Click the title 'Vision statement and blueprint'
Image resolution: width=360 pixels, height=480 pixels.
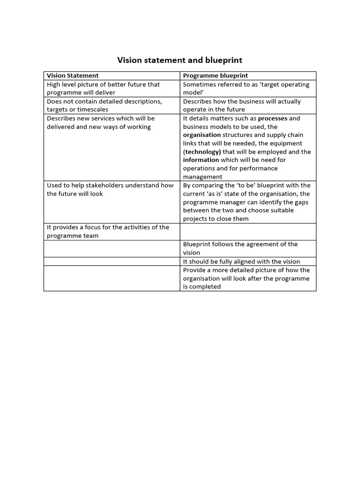pyautogui.click(x=180, y=60)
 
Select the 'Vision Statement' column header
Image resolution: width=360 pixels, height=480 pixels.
pyautogui.click(x=73, y=75)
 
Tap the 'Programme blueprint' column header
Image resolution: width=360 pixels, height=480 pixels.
pyautogui.click(x=215, y=75)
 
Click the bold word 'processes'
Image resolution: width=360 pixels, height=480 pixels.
pyautogui.click(x=273, y=118)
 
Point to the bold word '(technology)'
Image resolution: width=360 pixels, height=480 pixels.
pyautogui.click(x=202, y=152)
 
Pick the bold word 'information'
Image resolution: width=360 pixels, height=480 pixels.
pyautogui.click(x=202, y=160)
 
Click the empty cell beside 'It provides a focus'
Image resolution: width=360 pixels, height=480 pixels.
pyautogui.click(x=247, y=231)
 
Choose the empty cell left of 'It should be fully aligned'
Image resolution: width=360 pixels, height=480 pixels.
pyautogui.click(x=112, y=262)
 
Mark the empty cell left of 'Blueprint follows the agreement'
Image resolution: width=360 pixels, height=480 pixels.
pyautogui.click(x=112, y=248)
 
